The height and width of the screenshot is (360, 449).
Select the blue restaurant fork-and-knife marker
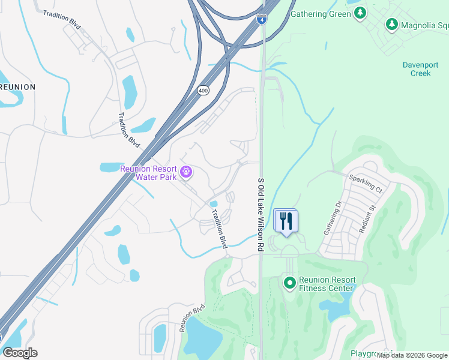coord(286,221)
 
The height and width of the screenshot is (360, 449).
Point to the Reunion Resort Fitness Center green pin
coord(290,281)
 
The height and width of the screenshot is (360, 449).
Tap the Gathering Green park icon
coord(360,13)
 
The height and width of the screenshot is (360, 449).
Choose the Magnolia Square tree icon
coord(392,24)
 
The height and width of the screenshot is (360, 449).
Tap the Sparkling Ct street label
coord(366,184)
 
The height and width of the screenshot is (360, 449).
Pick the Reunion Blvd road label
coord(192,317)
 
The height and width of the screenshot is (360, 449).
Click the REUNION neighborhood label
coord(17,87)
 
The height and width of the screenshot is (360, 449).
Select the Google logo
coord(20,353)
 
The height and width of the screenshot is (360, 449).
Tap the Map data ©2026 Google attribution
coord(412,355)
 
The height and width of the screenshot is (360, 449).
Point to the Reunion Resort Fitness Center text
coord(327,284)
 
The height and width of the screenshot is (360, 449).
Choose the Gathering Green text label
coord(320,13)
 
